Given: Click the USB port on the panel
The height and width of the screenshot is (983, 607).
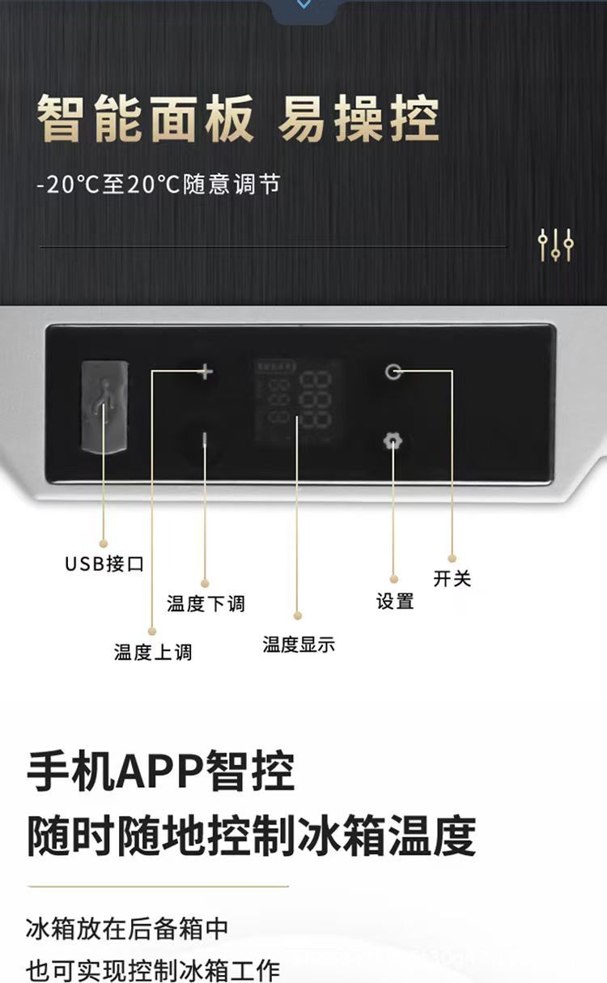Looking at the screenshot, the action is click(104, 406).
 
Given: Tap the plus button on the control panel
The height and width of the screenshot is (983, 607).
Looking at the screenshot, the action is click(205, 372).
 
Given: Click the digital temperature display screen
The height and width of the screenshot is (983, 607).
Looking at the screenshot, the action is click(296, 401).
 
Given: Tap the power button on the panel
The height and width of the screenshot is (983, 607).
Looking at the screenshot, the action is click(393, 372).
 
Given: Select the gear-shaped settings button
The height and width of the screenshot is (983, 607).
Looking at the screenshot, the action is click(393, 441).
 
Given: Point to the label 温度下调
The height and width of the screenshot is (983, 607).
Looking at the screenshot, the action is click(206, 604).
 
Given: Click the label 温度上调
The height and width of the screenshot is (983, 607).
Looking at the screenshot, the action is click(153, 653).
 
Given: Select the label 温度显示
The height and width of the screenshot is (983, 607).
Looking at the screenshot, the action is click(299, 645).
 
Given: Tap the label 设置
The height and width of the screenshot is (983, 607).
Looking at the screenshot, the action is click(395, 602).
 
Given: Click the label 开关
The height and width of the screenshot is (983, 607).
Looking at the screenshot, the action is click(452, 579).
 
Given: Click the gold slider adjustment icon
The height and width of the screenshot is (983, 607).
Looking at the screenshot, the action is click(556, 245).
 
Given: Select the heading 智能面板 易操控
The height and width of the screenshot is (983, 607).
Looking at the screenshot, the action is click(238, 119).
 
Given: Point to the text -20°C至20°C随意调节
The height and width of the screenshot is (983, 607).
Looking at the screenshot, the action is click(159, 185).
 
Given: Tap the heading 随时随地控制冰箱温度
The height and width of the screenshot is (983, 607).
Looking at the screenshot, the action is click(251, 836).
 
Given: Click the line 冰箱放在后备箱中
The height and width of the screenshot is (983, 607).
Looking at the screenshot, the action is click(127, 929).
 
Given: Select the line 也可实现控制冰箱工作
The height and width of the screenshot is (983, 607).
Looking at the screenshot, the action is click(153, 969).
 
